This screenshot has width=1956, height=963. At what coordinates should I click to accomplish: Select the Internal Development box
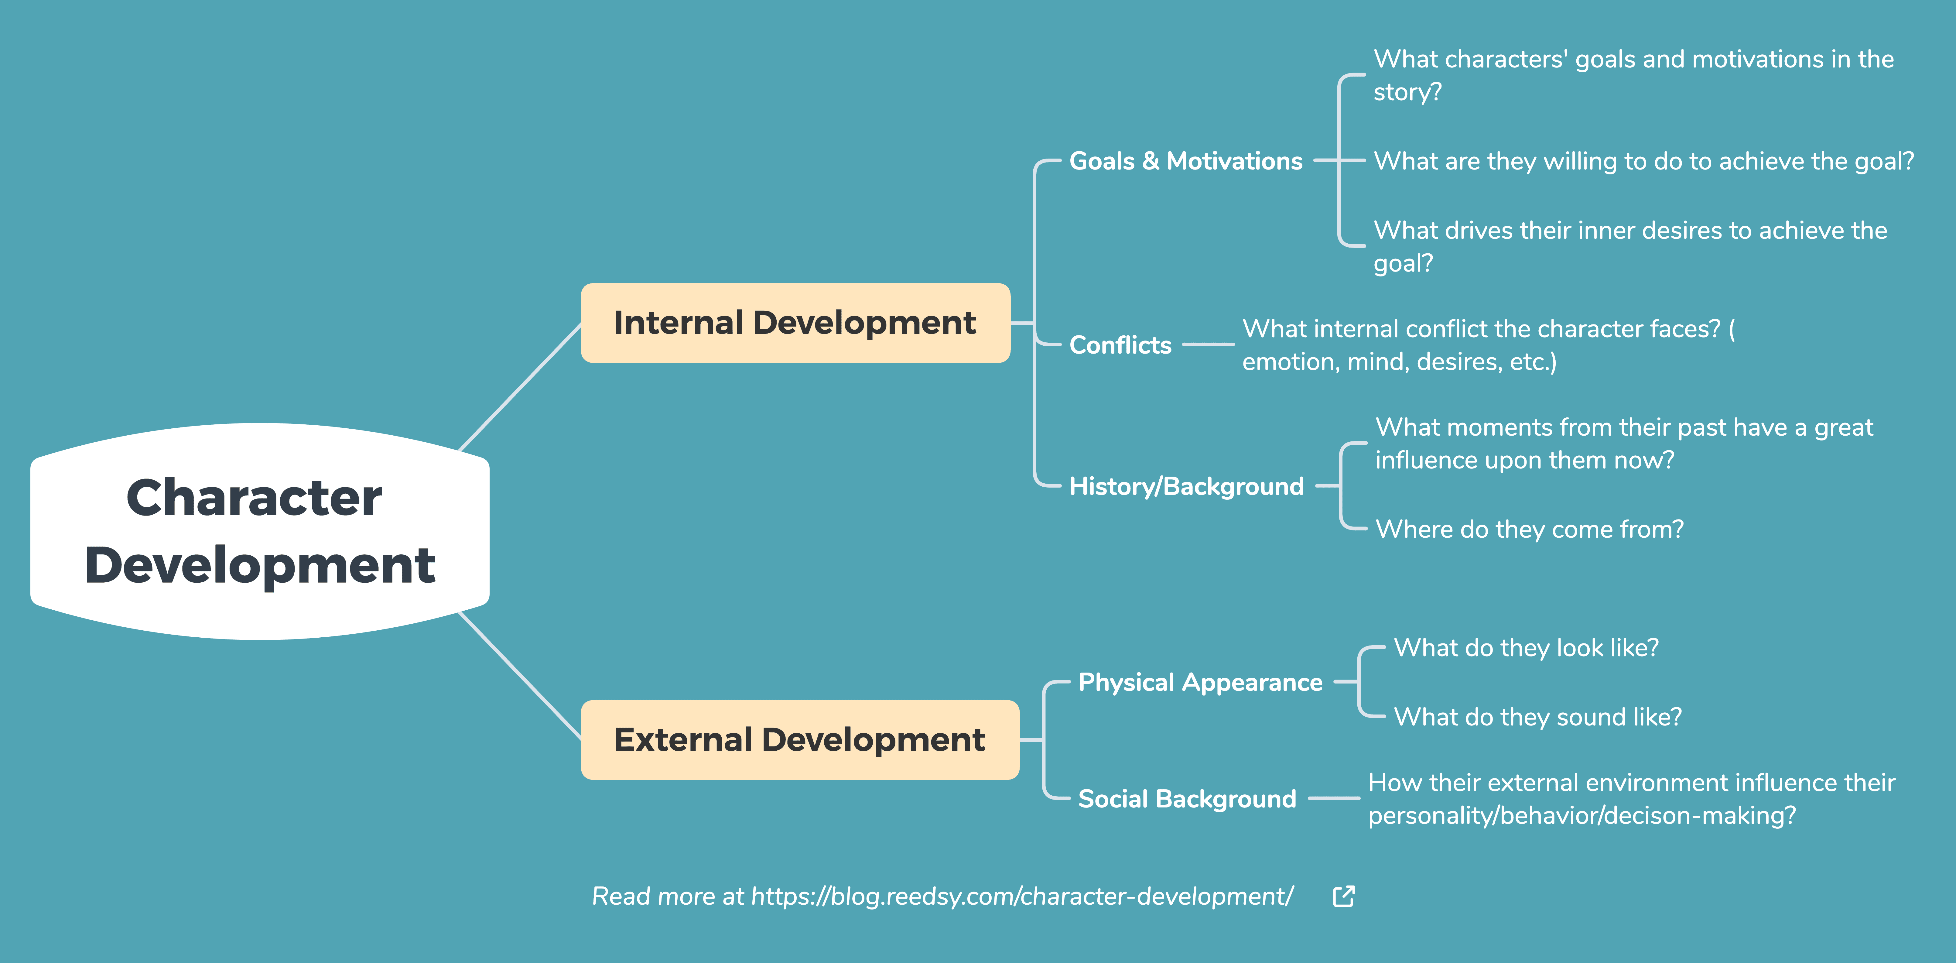pos(795,323)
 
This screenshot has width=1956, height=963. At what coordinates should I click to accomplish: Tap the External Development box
pos(799,740)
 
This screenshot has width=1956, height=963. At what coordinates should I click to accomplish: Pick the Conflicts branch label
pos(1120,345)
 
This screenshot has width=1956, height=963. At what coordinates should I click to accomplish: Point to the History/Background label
pos(1186,486)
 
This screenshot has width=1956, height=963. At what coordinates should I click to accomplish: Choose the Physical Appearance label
pos(1200,682)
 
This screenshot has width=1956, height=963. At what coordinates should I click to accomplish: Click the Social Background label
pos(1187,799)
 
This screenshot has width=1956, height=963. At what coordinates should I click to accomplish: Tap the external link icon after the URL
pos(1344,896)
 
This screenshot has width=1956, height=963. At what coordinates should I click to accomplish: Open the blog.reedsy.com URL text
pos(1022,896)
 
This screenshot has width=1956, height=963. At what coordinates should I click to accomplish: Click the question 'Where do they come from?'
pos(1529,529)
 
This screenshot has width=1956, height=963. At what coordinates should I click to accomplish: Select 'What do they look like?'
pos(1526,647)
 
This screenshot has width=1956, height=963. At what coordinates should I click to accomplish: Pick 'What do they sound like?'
pos(1537,717)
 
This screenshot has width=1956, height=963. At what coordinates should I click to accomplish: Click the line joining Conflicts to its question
pos(1208,345)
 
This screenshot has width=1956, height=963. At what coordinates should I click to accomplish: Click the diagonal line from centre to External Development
pos(520,675)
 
